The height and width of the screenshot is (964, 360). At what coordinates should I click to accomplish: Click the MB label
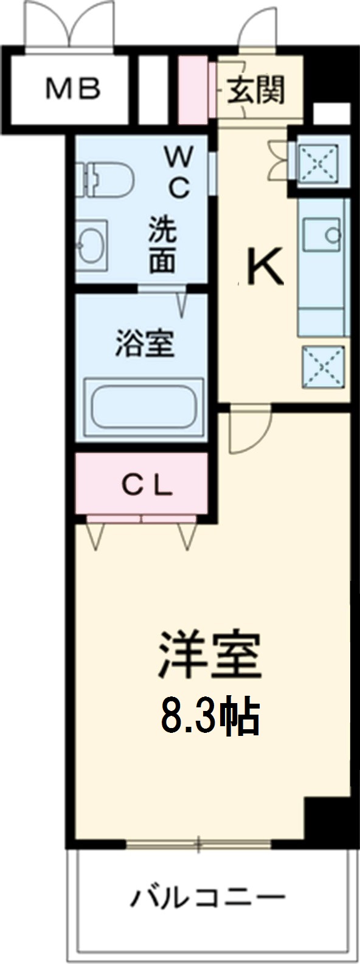click(73, 90)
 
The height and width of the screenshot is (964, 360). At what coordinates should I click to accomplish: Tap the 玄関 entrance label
click(256, 91)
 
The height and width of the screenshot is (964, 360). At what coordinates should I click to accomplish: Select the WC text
click(178, 174)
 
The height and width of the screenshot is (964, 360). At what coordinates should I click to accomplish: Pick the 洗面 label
click(164, 245)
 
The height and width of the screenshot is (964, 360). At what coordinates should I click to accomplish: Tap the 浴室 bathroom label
click(145, 343)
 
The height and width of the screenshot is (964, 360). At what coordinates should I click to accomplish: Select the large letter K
click(263, 268)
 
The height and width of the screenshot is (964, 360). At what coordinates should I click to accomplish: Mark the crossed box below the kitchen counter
click(324, 366)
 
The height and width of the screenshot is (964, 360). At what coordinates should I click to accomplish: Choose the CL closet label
click(147, 484)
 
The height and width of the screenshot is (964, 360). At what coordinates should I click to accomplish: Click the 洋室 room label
click(210, 656)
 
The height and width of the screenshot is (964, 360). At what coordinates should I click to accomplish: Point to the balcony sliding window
click(198, 844)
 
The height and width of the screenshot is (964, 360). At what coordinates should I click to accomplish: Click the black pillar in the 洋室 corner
click(327, 817)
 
